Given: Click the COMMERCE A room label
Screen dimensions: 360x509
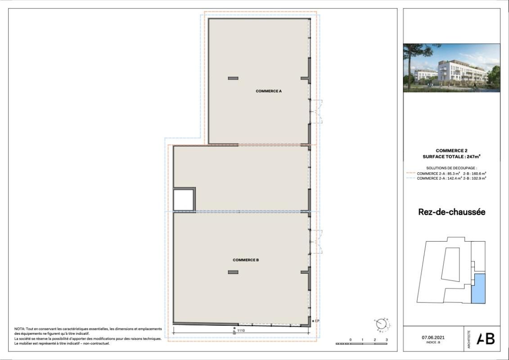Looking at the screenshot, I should coord(269,91).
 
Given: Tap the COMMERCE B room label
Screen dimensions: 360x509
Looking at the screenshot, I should coord(246,260).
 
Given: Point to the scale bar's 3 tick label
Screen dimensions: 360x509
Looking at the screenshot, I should coord(387,340).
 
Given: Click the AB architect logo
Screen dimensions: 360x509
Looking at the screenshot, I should coord(486,338).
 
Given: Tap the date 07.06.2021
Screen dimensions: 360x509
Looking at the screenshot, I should coord(432,337).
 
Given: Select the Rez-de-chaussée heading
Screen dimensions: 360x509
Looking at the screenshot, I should coord(451,212).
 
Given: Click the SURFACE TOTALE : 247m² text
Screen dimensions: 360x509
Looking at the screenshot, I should coord(451,157).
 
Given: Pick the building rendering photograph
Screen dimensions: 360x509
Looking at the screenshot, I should coord(451,67).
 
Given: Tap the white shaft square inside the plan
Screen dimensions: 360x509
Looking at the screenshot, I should coord(184,200).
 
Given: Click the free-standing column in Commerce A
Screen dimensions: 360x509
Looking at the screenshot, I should coord(233,78).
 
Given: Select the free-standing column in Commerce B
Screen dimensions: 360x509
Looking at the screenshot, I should coord(233,272).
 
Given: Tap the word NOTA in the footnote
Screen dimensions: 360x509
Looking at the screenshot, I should coord(19,329).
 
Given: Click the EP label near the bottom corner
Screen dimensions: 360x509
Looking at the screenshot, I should coord(317,320).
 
